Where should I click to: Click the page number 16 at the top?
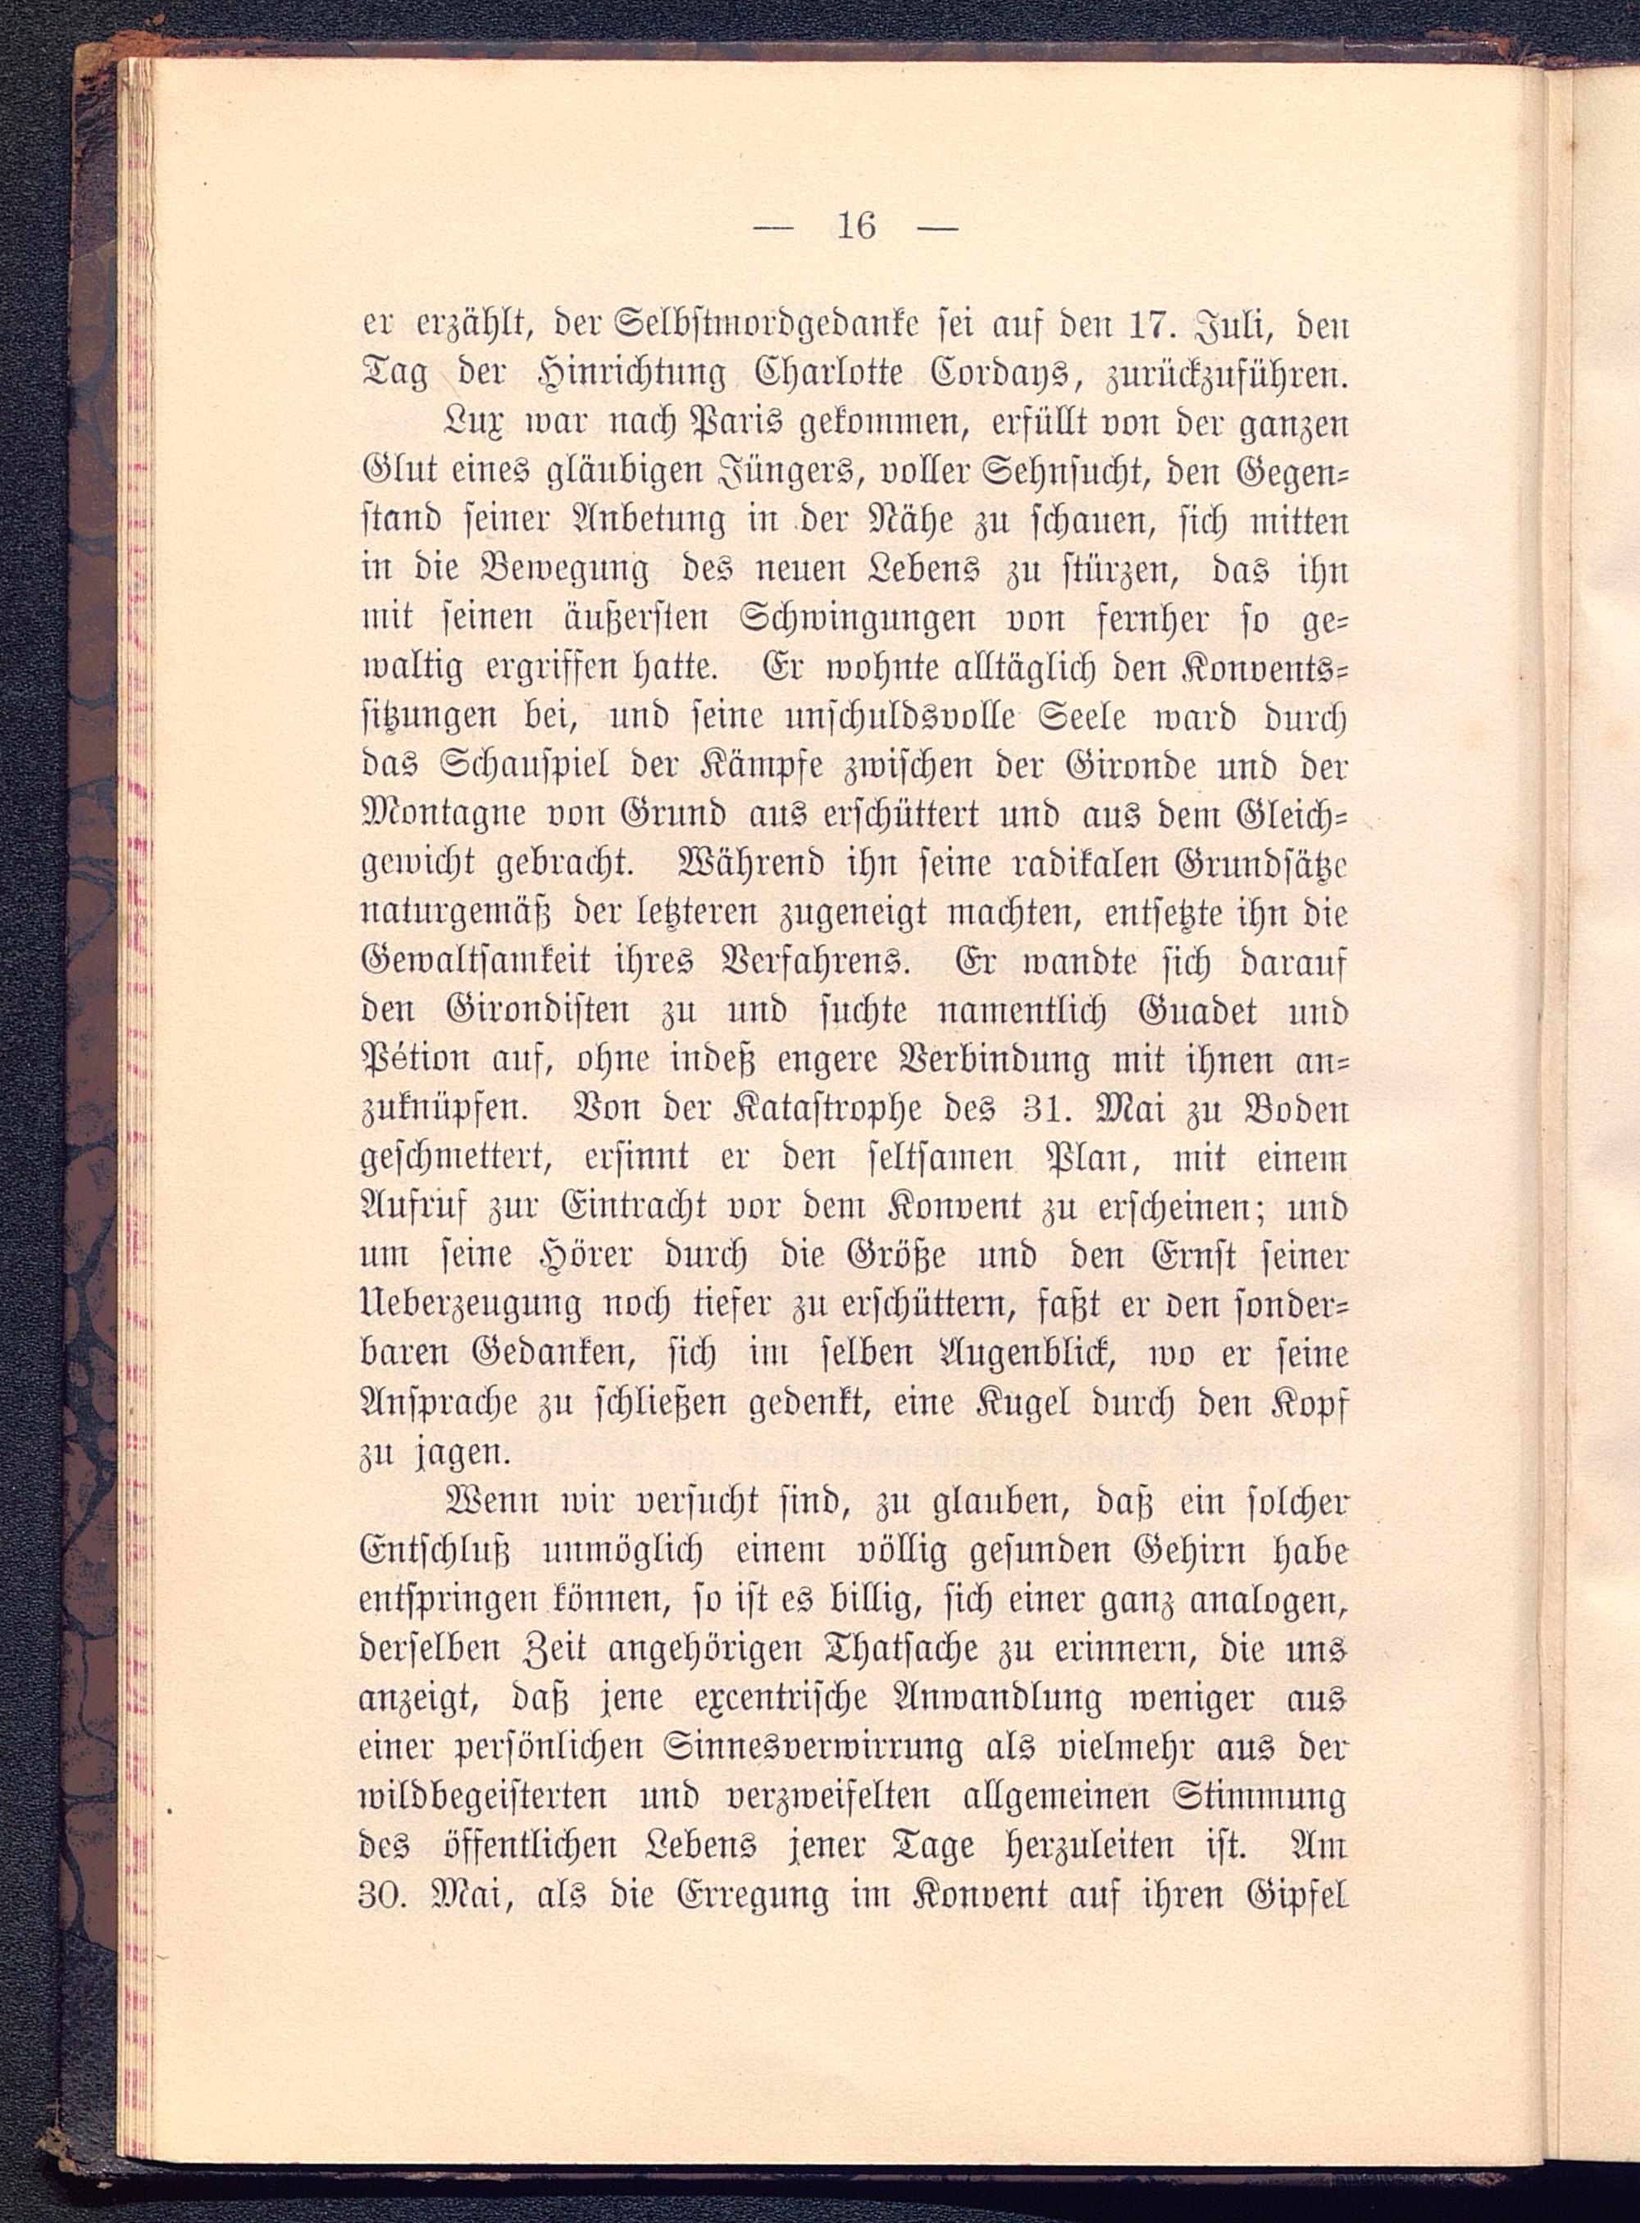(x=857, y=227)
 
